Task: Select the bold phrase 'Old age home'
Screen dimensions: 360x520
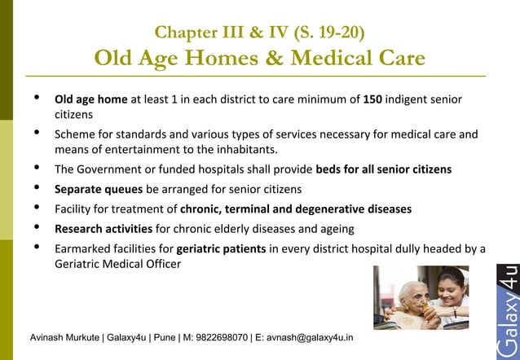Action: [90, 100]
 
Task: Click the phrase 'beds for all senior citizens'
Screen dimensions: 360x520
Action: [383, 169]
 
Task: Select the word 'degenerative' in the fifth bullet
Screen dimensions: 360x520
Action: [336, 209]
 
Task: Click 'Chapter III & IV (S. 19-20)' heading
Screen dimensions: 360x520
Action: [259, 33]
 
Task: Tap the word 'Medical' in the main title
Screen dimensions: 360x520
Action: [330, 59]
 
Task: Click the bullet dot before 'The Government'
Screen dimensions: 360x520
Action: [35, 169]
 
